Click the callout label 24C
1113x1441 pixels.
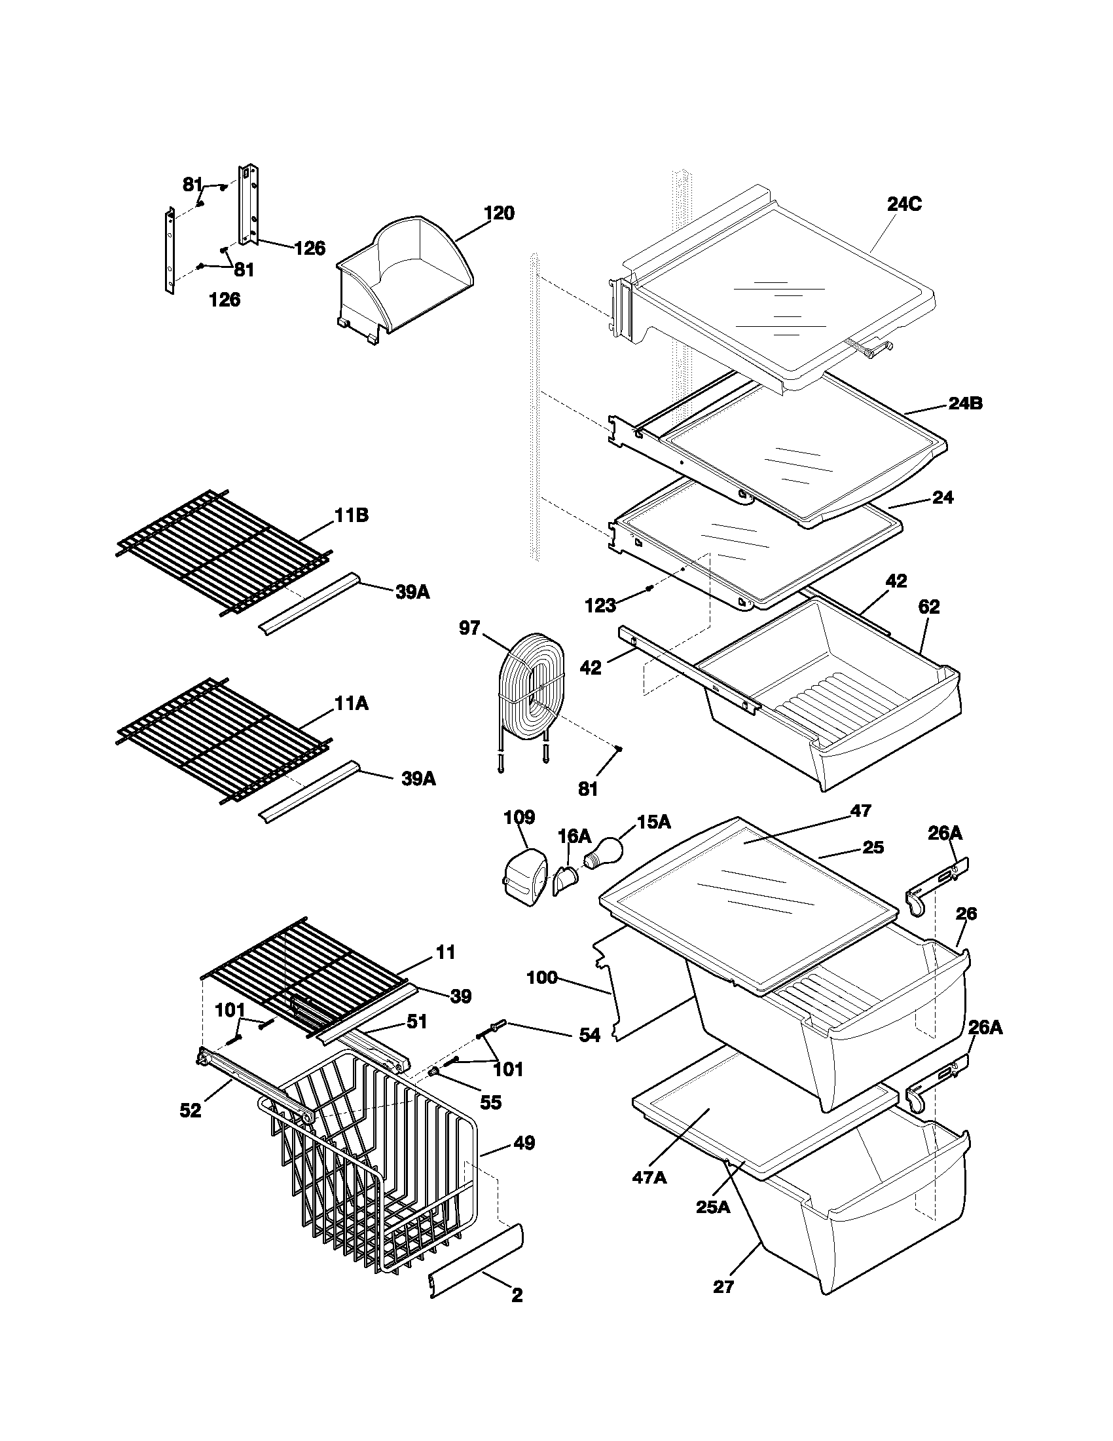[904, 204]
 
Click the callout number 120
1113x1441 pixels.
[498, 214]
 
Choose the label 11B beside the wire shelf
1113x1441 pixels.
[351, 515]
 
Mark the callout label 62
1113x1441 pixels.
[928, 607]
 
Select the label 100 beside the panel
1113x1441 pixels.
[542, 977]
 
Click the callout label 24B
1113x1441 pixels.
[965, 403]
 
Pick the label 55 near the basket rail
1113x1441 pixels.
[490, 1102]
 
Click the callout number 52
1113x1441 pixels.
[191, 1111]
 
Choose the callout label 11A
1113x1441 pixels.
[351, 704]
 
